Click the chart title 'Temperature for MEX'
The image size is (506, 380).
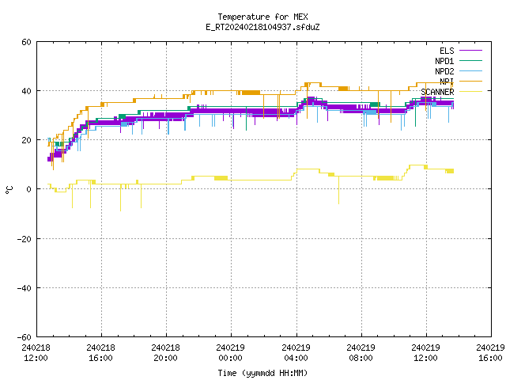point(262,17)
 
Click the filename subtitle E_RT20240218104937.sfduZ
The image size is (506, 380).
point(262,27)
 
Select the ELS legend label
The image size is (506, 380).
point(447,51)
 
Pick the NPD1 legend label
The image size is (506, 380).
point(444,61)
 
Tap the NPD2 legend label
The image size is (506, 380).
point(444,71)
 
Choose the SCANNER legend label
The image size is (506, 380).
point(437,92)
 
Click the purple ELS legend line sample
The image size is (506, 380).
point(470,51)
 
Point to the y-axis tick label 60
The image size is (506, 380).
point(26,42)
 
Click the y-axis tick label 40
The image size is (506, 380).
point(26,91)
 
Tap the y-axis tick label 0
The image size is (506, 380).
point(29,189)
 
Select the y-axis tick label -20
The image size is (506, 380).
point(25,239)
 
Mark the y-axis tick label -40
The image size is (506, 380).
point(25,288)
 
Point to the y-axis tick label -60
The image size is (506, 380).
point(25,337)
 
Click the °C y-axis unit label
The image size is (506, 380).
point(9,190)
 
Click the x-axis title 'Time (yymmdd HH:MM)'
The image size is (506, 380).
point(262,373)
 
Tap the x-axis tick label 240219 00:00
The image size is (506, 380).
point(230,353)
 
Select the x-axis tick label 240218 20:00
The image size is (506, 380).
point(165,353)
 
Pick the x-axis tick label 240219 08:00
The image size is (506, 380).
point(361,353)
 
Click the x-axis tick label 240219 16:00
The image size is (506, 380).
point(490,353)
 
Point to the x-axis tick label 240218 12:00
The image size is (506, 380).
point(36,353)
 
